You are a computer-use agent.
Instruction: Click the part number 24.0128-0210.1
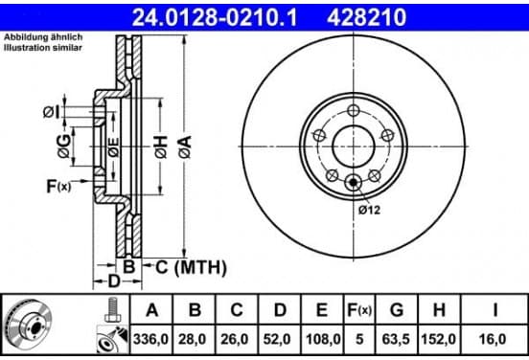215,17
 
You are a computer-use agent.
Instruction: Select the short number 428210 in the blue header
366,17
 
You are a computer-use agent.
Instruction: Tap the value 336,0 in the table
150,339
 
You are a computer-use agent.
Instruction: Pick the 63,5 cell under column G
396,339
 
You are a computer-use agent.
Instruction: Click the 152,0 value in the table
439,339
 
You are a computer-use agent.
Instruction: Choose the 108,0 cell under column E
323,339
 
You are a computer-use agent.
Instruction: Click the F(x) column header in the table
359,310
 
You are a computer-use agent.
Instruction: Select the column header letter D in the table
280,310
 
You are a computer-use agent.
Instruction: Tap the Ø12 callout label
369,210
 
